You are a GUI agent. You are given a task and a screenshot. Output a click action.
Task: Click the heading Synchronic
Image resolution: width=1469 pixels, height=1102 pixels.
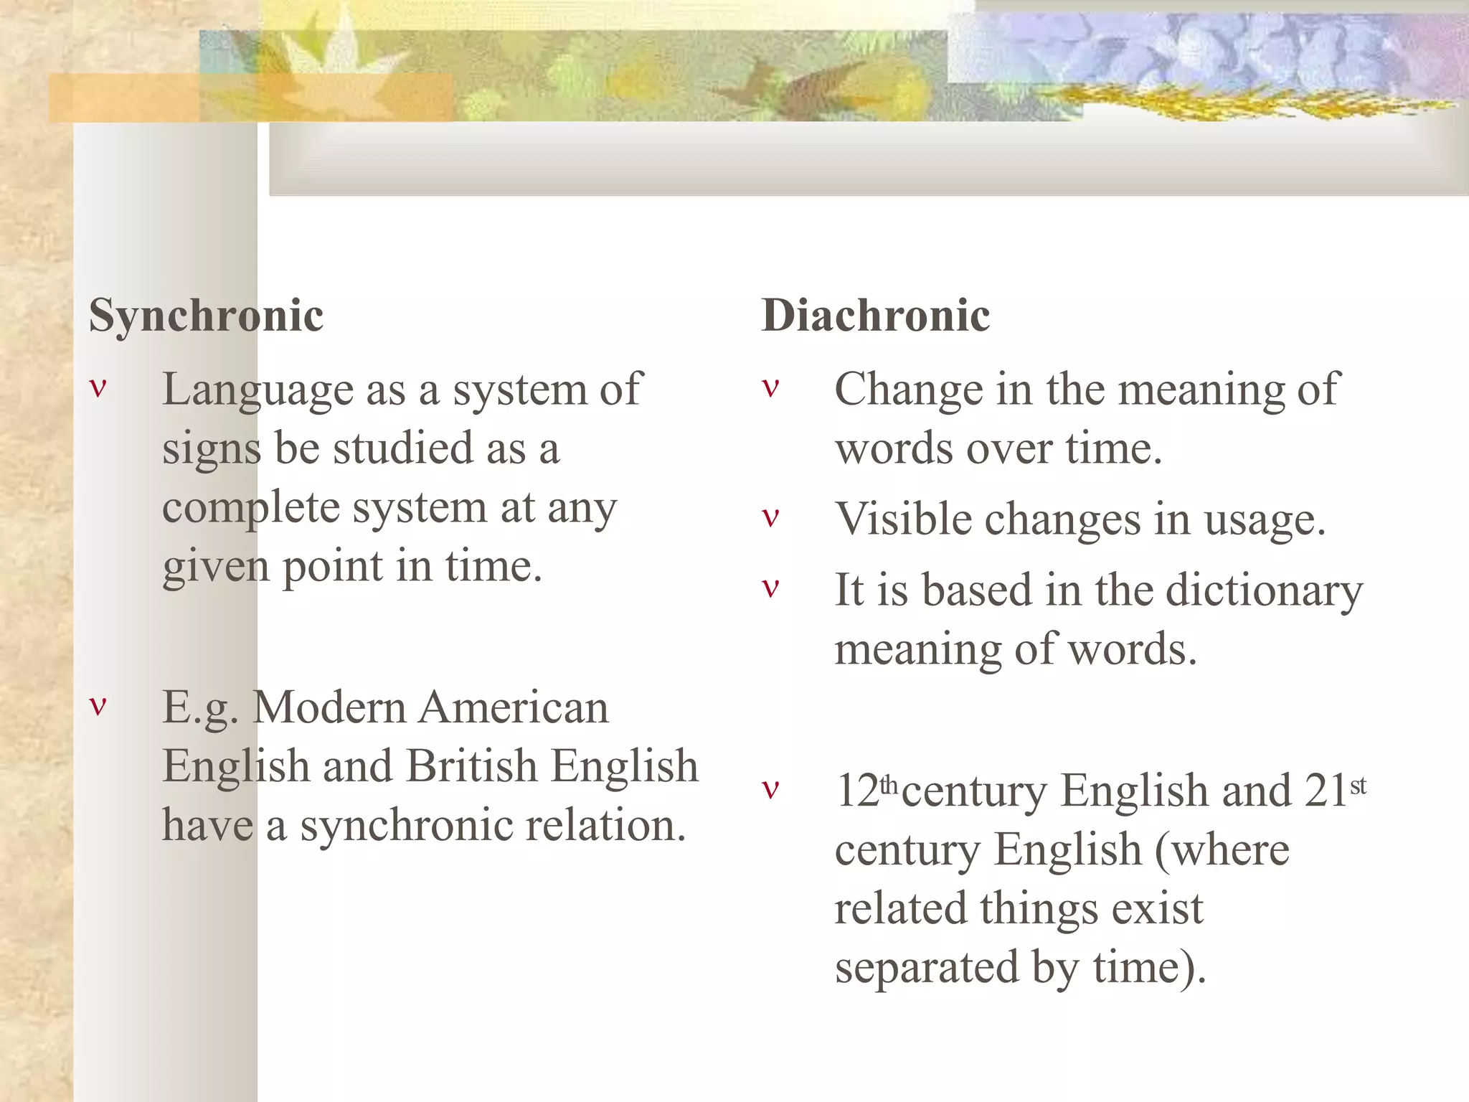pyautogui.click(x=206, y=316)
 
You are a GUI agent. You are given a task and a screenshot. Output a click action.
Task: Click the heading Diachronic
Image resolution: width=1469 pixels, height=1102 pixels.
pyautogui.click(x=875, y=316)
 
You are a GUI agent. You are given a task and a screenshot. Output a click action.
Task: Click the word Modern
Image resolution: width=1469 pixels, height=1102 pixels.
pyautogui.click(x=329, y=707)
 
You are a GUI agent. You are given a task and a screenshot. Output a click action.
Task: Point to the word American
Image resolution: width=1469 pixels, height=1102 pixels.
pyautogui.click(x=514, y=707)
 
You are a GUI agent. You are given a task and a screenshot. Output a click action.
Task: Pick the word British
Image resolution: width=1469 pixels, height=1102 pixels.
pyautogui.click(x=471, y=766)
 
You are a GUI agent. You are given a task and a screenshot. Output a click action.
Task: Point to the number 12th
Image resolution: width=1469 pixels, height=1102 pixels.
pyautogui.click(x=866, y=791)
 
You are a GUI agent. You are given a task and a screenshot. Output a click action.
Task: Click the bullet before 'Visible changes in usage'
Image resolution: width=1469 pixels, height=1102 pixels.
pyautogui.click(x=770, y=517)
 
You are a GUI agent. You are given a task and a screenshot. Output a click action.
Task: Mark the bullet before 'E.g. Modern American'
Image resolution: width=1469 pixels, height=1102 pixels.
pyautogui.click(x=98, y=705)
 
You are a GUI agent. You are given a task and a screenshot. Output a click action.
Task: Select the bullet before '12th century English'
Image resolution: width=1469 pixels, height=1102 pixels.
pyautogui.click(x=770, y=789)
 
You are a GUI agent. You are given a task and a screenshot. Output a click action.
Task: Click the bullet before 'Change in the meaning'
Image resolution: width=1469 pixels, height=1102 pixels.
pyautogui.click(x=770, y=388)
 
